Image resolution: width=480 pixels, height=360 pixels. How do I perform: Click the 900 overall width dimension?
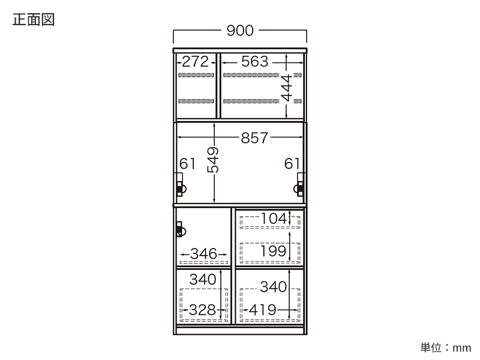tap(240, 31)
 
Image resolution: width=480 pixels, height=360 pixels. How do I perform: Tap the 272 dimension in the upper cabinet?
tap(196, 62)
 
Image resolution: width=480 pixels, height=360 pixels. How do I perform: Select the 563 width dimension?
tap(254, 62)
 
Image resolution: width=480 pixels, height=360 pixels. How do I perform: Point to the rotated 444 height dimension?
tap(287, 88)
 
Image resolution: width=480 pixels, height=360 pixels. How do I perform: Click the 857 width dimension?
tap(254, 138)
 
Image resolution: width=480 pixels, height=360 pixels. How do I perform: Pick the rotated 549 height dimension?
tap(213, 160)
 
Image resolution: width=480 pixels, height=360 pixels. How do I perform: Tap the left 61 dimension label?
tap(187, 164)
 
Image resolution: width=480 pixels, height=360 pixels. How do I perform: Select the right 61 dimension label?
tap(292, 164)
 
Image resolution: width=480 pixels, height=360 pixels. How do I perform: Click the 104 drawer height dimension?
tap(274, 218)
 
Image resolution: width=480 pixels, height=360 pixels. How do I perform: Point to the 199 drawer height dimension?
tap(274, 251)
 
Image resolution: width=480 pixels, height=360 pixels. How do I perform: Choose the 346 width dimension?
tap(203, 254)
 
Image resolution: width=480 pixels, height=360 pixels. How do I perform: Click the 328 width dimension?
tap(202, 310)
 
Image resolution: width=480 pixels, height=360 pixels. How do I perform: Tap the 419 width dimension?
tap(262, 310)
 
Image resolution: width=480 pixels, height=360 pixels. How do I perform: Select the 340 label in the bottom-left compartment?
tap(203, 280)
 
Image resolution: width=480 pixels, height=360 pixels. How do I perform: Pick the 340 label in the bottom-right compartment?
tap(273, 287)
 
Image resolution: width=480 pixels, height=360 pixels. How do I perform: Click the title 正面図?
tap(34, 20)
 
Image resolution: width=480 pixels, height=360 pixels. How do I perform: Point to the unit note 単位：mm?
tap(446, 348)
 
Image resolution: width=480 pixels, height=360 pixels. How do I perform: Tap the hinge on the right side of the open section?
tap(299, 185)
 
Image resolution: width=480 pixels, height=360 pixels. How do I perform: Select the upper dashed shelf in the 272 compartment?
tap(196, 75)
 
